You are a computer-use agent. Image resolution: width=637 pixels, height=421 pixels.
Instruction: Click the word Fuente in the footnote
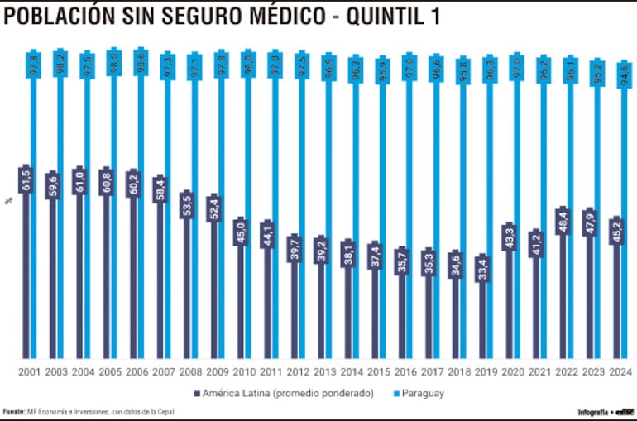point(13,411)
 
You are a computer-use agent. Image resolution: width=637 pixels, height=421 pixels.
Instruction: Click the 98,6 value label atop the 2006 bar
point(141,62)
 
